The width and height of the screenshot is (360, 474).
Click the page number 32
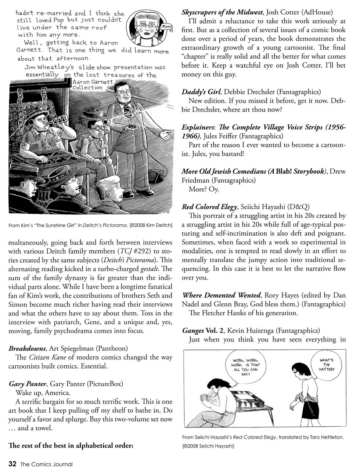point(12,464)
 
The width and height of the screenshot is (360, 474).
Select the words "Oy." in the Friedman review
point(214,189)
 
